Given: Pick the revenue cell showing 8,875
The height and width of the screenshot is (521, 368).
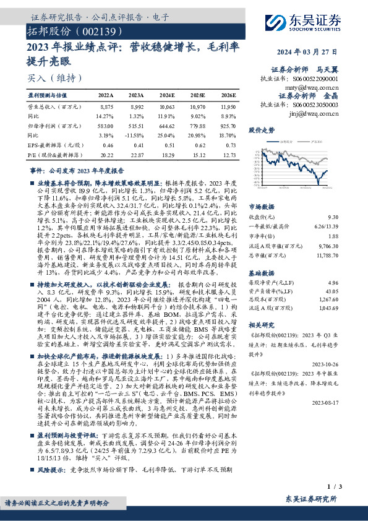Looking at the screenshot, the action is coord(106,107).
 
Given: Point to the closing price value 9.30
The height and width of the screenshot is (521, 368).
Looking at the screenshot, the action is coord(333,217).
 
